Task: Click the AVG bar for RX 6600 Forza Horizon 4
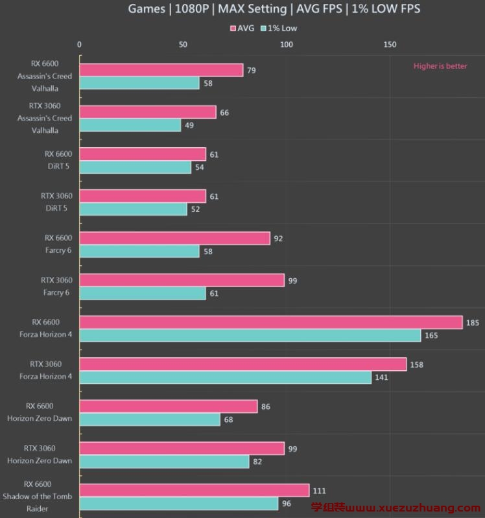pyautogui.click(x=271, y=322)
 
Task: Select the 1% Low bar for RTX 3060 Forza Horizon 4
pyautogui.click(x=226, y=377)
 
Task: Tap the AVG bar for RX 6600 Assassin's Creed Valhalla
pyautogui.click(x=161, y=70)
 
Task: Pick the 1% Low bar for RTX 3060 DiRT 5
pyautogui.click(x=134, y=209)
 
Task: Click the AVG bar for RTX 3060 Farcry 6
pyautogui.click(x=182, y=280)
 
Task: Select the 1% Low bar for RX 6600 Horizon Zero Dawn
pyautogui.click(x=150, y=419)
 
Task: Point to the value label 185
pyautogui.click(x=473, y=322)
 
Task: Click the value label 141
pyautogui.click(x=381, y=377)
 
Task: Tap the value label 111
pyautogui.click(x=318, y=491)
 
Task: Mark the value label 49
pyautogui.click(x=189, y=125)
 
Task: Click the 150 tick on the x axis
pyautogui.click(x=390, y=45)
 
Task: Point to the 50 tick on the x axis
pyautogui.click(x=183, y=45)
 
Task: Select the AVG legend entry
pyautogui.click(x=242, y=29)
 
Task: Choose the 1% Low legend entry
pyautogui.click(x=279, y=29)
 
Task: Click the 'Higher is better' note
pyautogui.click(x=440, y=66)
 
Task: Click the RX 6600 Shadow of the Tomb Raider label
pyautogui.click(x=38, y=496)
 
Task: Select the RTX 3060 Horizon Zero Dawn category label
pyautogui.click(x=40, y=454)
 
